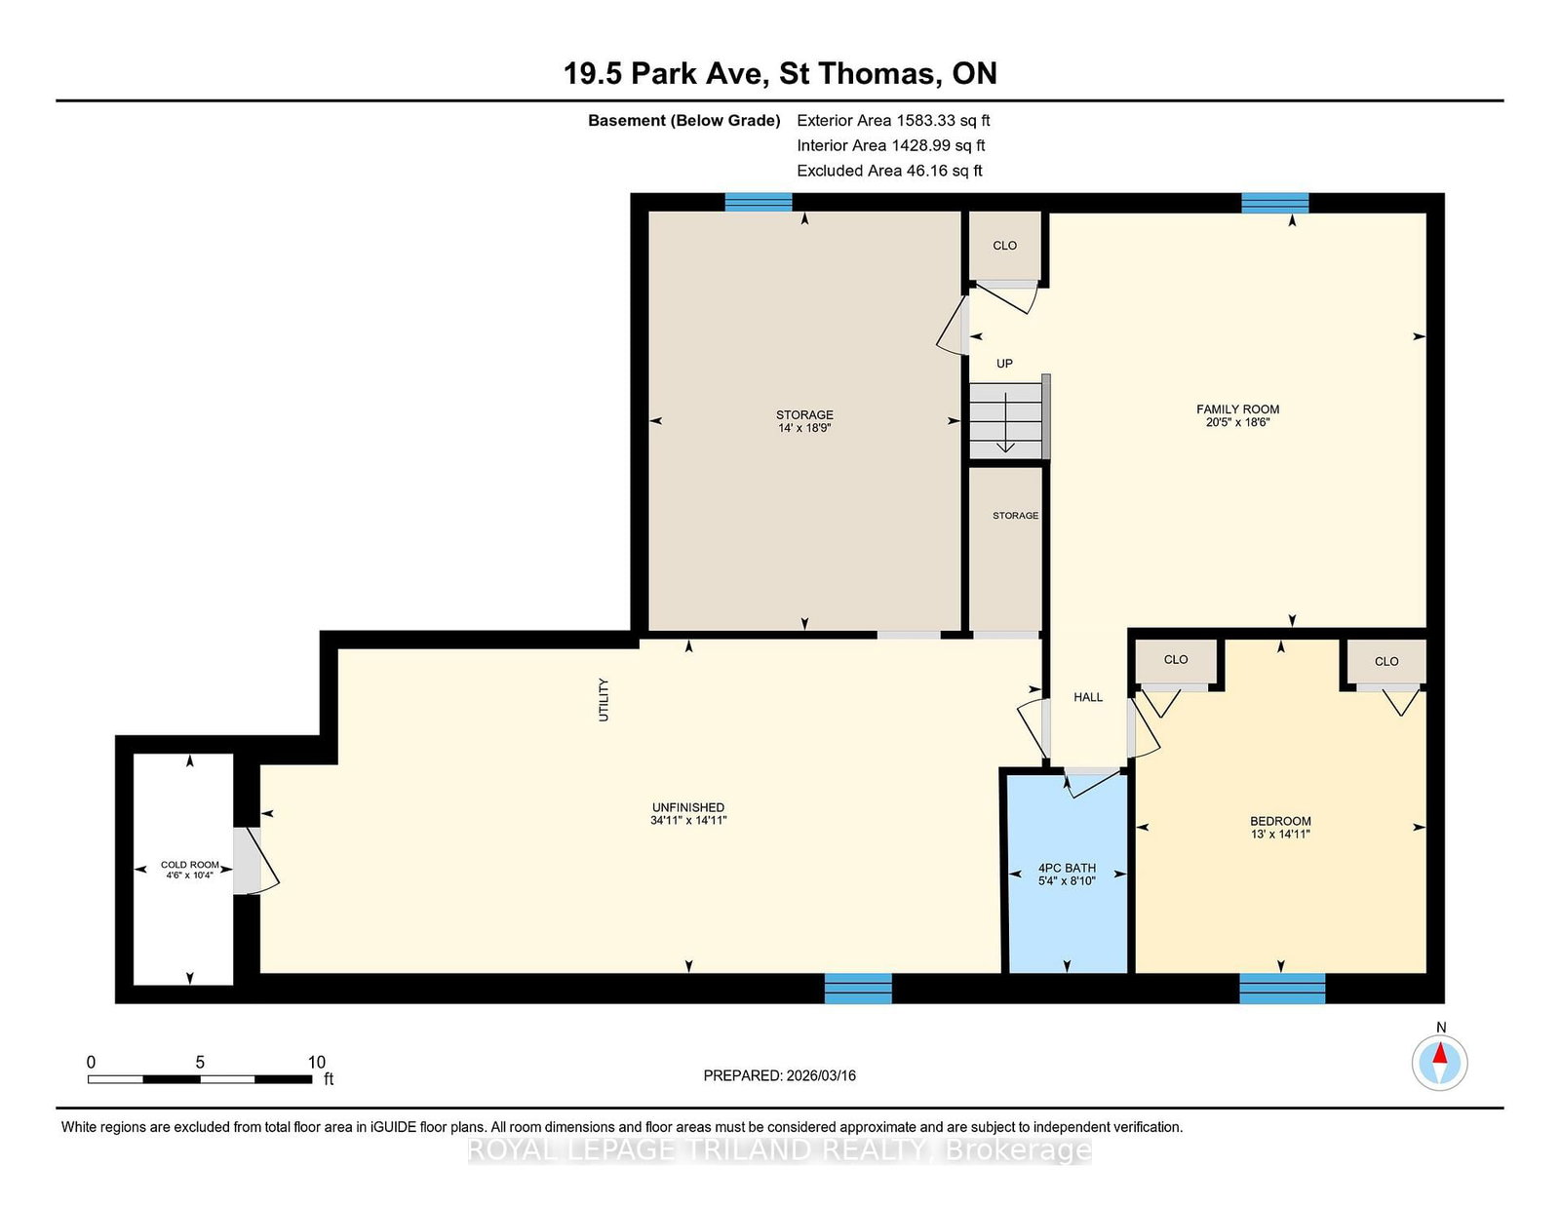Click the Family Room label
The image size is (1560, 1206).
point(1237,409)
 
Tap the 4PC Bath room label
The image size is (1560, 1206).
point(1067,868)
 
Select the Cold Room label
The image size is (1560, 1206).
point(189,865)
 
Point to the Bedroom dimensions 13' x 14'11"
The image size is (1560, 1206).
point(1281,835)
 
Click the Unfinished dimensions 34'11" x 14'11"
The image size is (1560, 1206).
point(688,821)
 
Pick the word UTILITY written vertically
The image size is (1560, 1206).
point(604,700)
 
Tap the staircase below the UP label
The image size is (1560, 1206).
point(1006,420)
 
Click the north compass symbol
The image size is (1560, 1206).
point(1439,1063)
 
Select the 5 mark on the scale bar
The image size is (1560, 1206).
point(200,1062)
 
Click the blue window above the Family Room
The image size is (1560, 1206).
point(1275,203)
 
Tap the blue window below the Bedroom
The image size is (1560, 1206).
point(1282,989)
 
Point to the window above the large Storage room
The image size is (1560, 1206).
point(759,203)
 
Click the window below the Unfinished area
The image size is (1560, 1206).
point(858,989)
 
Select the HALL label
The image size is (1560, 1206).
point(1088,697)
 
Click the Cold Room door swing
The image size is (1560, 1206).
point(255,862)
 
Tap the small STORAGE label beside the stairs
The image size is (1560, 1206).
point(1015,516)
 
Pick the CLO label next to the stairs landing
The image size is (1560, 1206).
point(1005,246)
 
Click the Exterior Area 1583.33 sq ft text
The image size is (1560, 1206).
point(893,121)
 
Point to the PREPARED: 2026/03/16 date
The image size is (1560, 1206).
point(780,1075)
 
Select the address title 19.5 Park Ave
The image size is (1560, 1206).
point(667,74)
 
